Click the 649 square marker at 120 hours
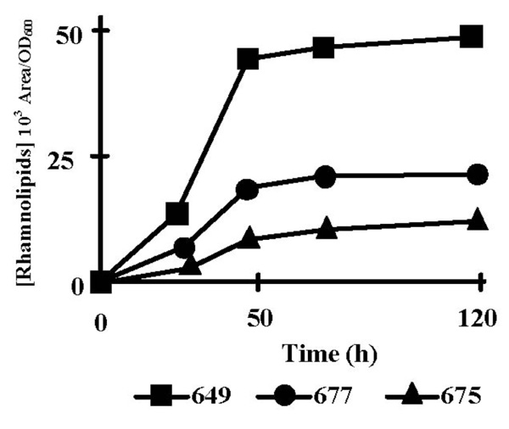point(471,36)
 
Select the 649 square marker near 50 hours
point(249,59)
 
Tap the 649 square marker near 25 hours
point(177,213)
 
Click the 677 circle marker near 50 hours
point(248,189)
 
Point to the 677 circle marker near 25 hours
point(184,248)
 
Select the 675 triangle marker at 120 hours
point(478,220)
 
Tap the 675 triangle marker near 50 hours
point(249,239)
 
